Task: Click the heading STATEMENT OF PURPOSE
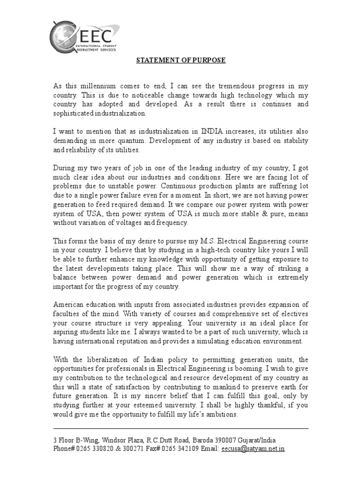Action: tap(181, 60)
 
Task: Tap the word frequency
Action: tap(171, 223)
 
